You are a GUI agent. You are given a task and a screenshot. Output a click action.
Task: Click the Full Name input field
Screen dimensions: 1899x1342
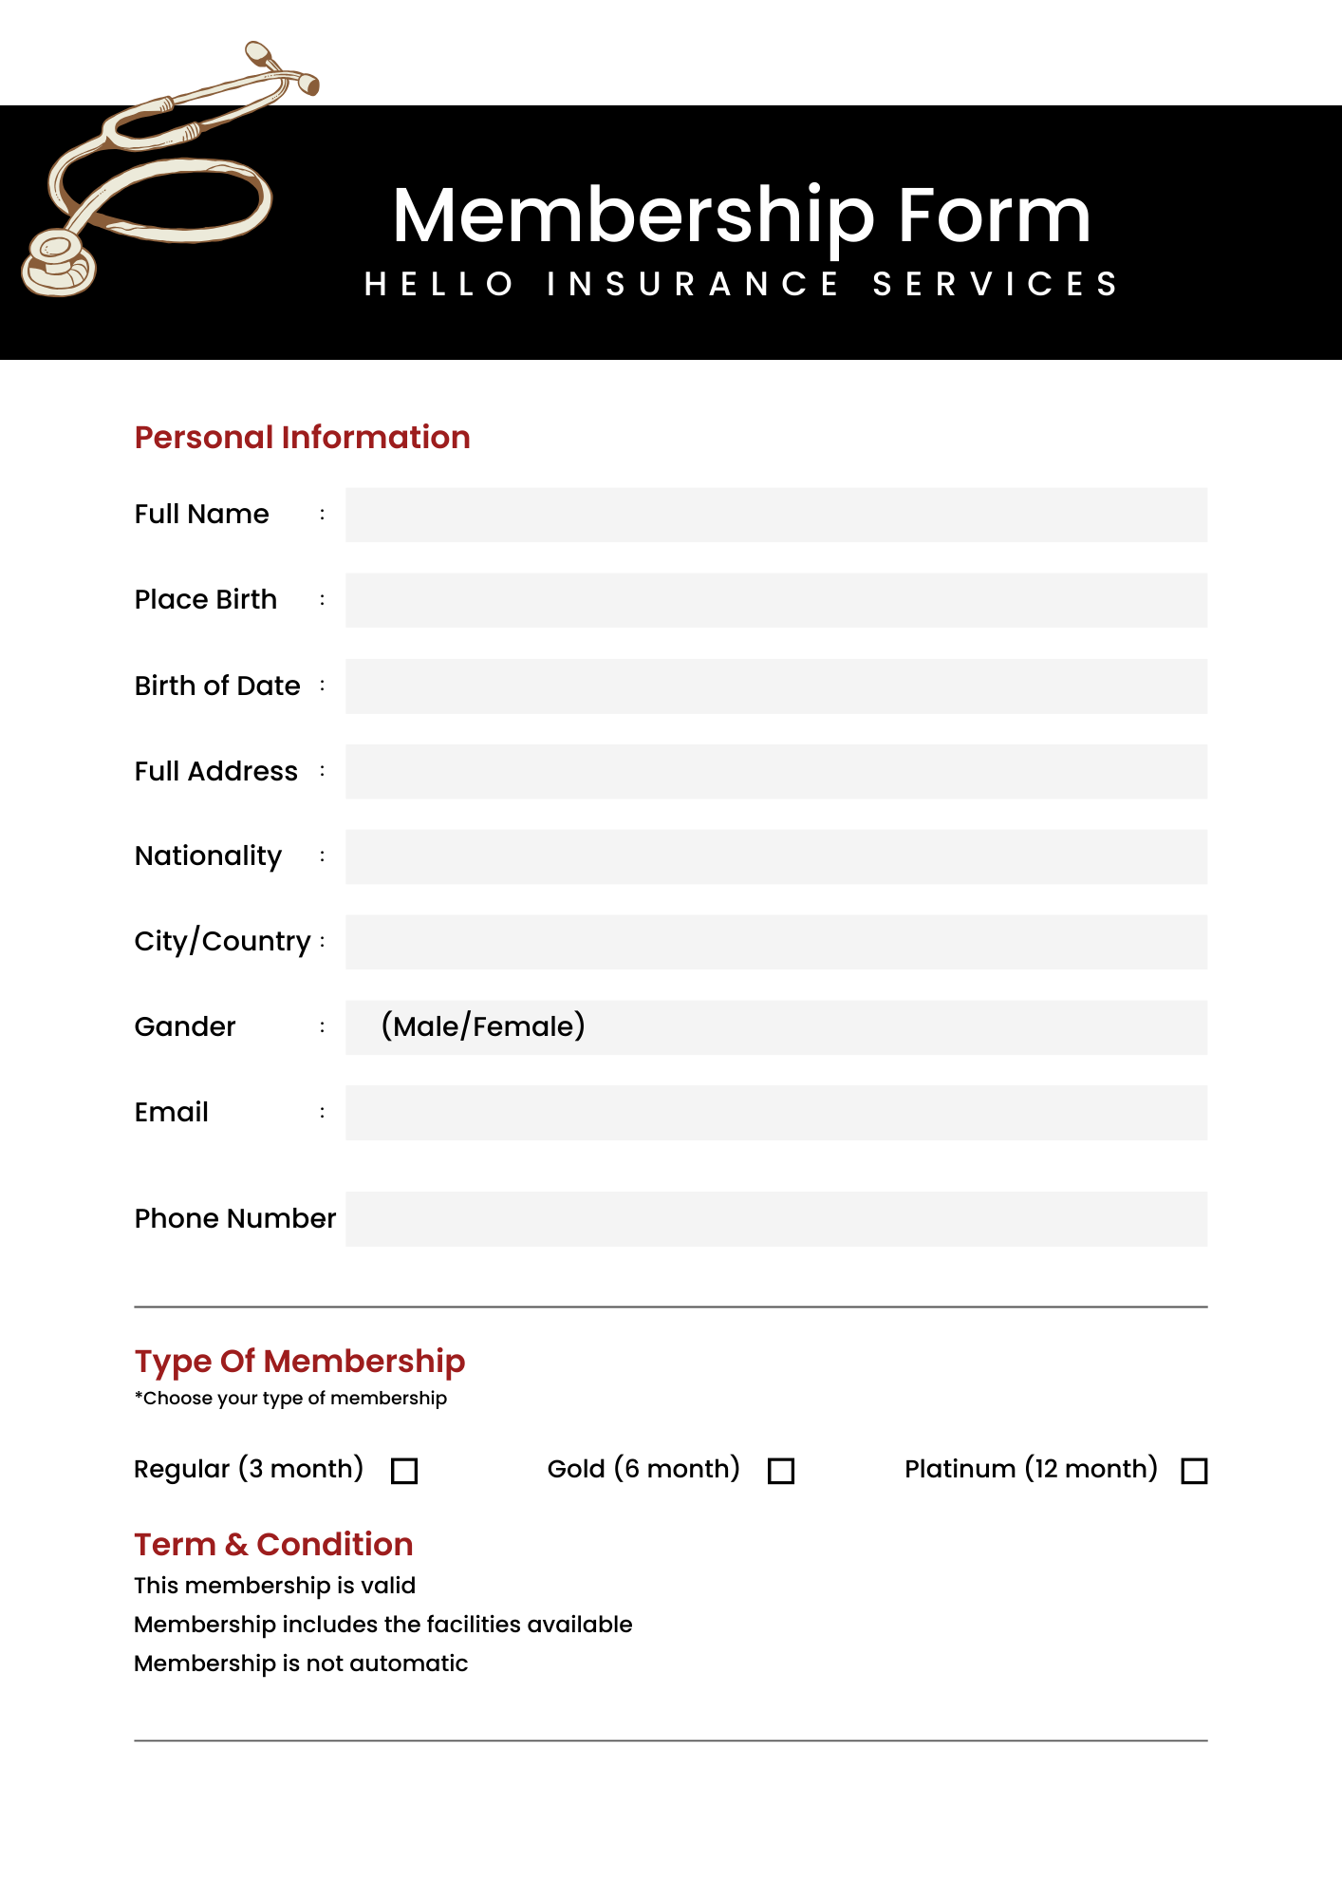(x=775, y=515)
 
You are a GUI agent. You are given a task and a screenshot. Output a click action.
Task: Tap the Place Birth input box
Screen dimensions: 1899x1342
(x=775, y=600)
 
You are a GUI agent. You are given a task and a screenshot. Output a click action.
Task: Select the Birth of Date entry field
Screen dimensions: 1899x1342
(x=775, y=686)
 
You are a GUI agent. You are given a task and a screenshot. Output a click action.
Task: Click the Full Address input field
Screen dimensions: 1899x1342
(x=775, y=771)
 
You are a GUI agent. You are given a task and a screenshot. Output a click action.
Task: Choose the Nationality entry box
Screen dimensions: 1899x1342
(x=775, y=856)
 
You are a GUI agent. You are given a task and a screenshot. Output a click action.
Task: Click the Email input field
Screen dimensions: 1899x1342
(x=775, y=1113)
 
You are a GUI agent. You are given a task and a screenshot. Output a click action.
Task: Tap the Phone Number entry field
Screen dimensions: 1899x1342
(x=775, y=1219)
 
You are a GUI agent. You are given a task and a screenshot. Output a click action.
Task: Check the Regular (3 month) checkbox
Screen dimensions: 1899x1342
(x=404, y=1471)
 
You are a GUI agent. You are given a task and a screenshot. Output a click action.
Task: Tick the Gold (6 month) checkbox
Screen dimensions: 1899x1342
(x=781, y=1471)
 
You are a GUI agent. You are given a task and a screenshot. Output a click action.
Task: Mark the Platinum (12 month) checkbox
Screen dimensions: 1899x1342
(x=1194, y=1471)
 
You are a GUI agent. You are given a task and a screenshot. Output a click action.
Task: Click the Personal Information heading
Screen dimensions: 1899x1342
(x=302, y=437)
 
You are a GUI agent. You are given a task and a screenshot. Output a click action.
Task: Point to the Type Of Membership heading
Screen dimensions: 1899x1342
(x=299, y=1361)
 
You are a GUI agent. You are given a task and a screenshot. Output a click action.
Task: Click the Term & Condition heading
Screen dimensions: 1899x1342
(x=273, y=1544)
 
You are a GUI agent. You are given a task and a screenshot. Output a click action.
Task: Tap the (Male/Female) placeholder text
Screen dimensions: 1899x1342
(x=483, y=1026)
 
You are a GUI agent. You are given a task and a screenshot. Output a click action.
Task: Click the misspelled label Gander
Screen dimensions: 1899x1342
(x=185, y=1026)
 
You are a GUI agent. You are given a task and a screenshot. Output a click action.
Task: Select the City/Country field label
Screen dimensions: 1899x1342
(x=222, y=941)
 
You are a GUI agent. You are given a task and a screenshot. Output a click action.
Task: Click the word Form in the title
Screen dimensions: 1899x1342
(x=994, y=216)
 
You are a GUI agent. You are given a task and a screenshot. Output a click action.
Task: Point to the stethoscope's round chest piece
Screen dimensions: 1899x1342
(x=57, y=261)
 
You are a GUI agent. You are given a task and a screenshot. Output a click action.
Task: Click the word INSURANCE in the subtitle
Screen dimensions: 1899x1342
(x=693, y=284)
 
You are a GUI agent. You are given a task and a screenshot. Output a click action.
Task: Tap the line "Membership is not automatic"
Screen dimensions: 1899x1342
(x=301, y=1664)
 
